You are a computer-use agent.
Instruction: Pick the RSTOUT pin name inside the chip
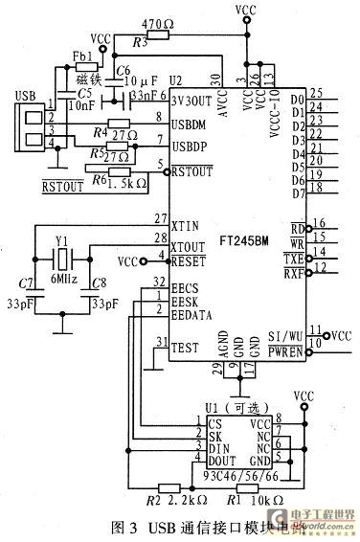coord(192,173)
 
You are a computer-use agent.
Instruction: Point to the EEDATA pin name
coord(192,314)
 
